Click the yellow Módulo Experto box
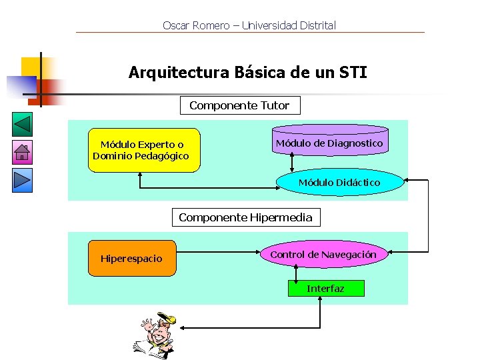[143, 150]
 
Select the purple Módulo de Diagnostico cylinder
[329, 141]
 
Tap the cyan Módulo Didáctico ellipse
[339, 183]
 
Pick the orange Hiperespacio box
[133, 258]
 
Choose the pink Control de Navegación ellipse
[323, 255]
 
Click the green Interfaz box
[325, 289]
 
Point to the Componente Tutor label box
[239, 105]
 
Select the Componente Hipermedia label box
[245, 217]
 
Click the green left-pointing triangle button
[23, 125]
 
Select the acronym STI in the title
[352, 72]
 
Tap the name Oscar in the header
[176, 26]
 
